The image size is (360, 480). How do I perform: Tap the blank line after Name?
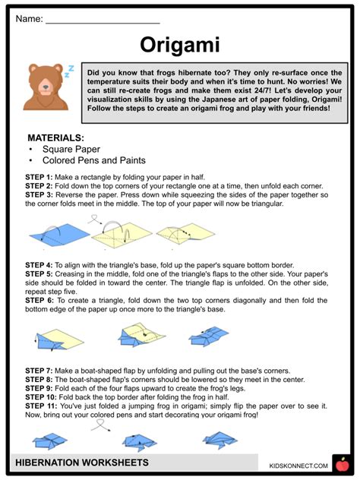click(x=103, y=19)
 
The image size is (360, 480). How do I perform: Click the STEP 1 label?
click(x=39, y=176)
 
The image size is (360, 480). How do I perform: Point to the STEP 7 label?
click(x=39, y=370)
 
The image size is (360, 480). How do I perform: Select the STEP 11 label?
click(x=41, y=406)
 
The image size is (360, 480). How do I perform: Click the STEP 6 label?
click(x=39, y=299)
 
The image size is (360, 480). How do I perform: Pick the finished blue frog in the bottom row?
click(x=221, y=439)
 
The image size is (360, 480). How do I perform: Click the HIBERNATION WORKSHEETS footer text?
click(x=83, y=463)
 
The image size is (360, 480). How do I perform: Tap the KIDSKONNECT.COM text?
click(x=298, y=465)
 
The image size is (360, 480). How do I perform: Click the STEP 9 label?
click(x=39, y=388)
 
